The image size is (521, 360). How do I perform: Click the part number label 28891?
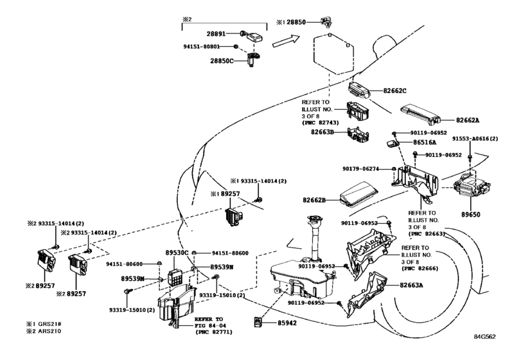coord(216,33)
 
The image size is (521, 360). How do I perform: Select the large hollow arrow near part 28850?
coord(286,40)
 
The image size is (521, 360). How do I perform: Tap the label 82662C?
coord(394,91)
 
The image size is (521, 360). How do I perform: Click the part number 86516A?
coord(425,142)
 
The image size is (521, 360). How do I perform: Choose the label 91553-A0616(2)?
coord(475,139)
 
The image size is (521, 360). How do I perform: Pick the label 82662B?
coord(314,200)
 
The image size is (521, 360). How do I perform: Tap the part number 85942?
coord(287,323)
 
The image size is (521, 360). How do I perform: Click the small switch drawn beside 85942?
coord(258,322)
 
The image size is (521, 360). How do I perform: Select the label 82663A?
coord(411,285)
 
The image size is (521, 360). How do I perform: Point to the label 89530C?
coord(177,253)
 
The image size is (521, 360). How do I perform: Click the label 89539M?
coord(132,278)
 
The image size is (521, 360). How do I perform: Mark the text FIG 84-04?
coord(211,325)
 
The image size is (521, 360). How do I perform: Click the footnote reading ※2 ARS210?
coord(44,331)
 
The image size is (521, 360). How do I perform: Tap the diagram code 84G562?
coord(485,336)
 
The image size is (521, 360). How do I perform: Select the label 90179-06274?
coord(360,169)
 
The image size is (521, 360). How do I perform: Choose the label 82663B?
coord(322,132)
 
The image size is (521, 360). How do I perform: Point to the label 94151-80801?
coord(201,46)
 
